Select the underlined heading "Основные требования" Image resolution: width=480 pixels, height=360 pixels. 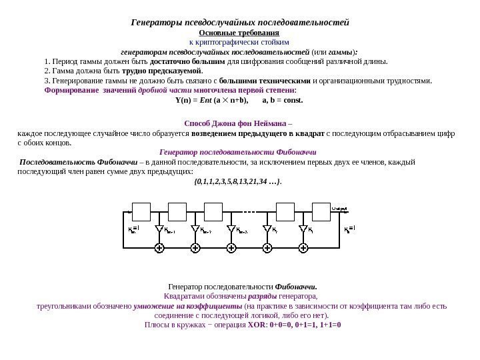tap(239, 32)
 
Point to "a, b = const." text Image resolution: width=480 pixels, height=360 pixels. tap(283, 101)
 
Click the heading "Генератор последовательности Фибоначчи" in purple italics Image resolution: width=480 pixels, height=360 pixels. tap(239, 151)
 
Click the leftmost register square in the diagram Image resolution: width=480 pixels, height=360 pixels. tap(141, 211)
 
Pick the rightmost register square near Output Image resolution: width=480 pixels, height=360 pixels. tap(321, 211)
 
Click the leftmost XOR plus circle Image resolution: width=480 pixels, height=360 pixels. tap(159, 248)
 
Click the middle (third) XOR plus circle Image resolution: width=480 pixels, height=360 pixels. tap(231, 248)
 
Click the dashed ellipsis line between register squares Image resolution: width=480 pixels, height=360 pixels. tap(251, 211)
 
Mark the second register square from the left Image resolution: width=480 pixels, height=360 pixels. tap(177, 211)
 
